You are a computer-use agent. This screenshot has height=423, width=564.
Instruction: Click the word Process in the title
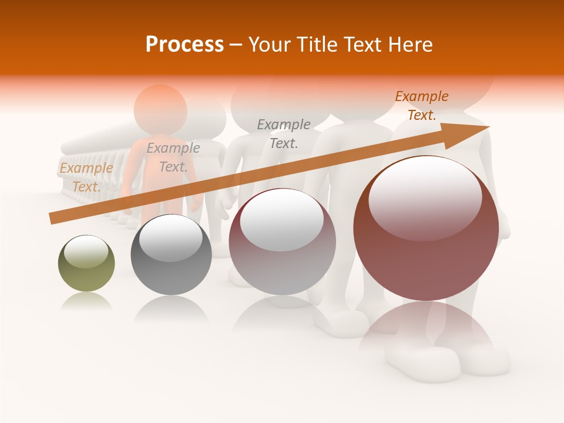tap(184, 45)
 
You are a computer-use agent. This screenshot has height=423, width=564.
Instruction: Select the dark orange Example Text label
tap(422, 106)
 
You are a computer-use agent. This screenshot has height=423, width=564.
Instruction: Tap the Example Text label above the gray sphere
tap(173, 157)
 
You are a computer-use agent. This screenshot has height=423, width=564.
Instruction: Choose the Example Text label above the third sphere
tap(284, 133)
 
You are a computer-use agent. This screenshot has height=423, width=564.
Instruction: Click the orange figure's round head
tap(160, 109)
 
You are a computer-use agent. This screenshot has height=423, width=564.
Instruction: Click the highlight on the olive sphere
tap(86, 251)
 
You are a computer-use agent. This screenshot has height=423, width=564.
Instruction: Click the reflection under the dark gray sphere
tap(171, 308)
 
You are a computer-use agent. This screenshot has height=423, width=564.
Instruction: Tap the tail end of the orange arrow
tap(53, 219)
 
